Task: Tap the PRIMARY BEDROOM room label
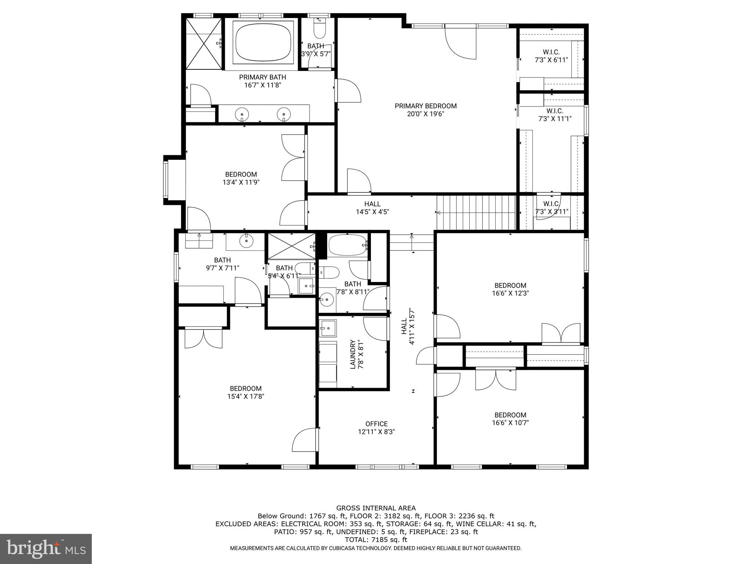point(426,106)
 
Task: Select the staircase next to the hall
point(476,212)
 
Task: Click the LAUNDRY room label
point(352,354)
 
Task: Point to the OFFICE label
point(376,424)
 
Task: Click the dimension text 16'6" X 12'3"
point(510,293)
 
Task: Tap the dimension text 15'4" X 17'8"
point(246,397)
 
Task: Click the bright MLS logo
point(46,549)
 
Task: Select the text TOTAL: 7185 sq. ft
point(376,540)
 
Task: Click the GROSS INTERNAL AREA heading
point(376,508)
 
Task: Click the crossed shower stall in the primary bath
point(204,43)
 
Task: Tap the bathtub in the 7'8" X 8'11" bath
point(347,245)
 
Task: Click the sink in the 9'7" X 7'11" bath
point(246,241)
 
